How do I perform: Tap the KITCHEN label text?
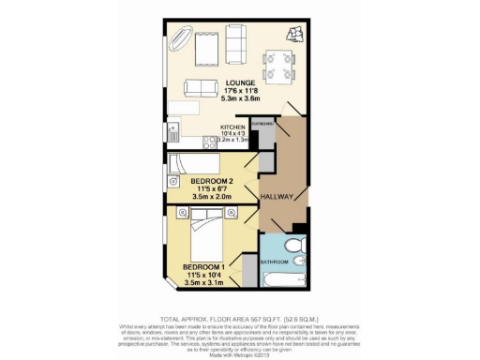coord(232,126)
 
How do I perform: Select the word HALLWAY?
coord(278,197)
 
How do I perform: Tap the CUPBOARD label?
coord(263,124)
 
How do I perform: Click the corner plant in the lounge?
coord(297,35)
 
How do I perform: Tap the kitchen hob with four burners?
coord(174,142)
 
